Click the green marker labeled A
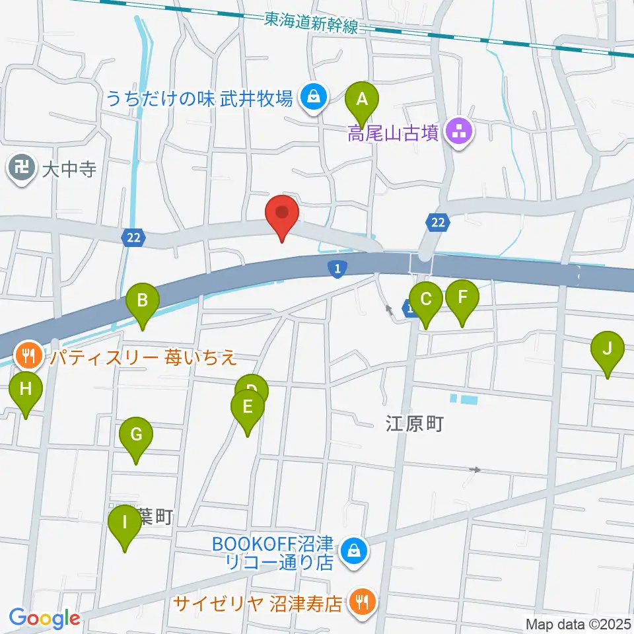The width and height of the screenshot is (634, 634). [362, 100]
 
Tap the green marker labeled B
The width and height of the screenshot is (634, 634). [143, 302]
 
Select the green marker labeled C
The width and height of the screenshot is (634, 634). [426, 300]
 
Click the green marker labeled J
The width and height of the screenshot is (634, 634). [608, 350]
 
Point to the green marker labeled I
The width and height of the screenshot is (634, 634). [125, 524]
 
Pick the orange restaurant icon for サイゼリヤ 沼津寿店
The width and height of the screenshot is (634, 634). [363, 603]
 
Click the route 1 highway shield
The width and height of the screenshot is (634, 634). [337, 268]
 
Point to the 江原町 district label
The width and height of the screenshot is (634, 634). [414, 423]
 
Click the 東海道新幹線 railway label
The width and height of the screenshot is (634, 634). [310, 24]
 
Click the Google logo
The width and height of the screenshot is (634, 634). [44, 619]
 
